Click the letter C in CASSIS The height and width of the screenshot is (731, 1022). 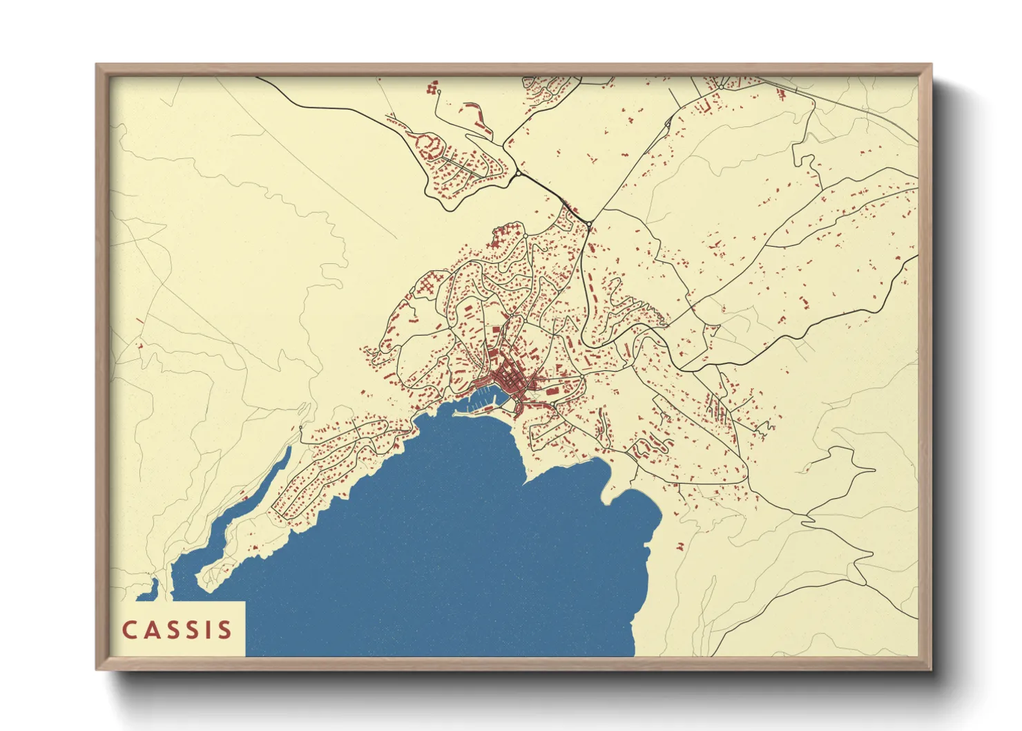tap(129, 630)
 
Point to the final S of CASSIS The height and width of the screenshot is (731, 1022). tap(224, 630)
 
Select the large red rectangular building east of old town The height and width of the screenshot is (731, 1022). tap(553, 391)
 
